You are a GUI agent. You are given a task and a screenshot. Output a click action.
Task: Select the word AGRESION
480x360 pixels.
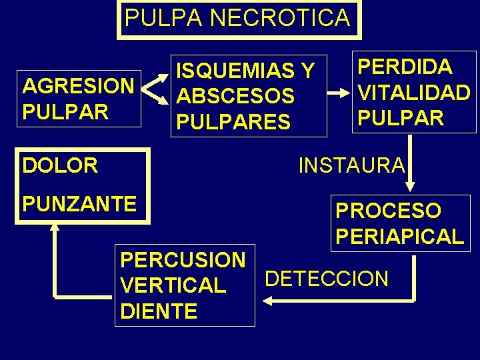point(78,87)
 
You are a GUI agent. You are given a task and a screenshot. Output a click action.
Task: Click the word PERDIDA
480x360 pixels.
point(405,67)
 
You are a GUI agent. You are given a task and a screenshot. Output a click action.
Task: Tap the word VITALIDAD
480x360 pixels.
point(414,92)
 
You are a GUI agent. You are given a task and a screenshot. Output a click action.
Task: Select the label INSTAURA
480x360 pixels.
point(351,165)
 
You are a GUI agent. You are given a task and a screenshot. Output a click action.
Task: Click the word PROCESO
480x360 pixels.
point(388,211)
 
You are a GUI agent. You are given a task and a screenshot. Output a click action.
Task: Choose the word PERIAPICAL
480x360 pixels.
point(399,236)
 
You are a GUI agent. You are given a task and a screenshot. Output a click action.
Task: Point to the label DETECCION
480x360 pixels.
point(327,279)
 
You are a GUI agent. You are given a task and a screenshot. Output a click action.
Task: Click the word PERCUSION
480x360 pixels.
point(183,260)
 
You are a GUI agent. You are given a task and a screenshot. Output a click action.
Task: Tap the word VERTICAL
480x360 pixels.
point(173,286)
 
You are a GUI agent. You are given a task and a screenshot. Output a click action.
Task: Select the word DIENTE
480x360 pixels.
point(159,311)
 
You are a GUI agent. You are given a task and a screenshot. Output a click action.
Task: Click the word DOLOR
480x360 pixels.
point(60,165)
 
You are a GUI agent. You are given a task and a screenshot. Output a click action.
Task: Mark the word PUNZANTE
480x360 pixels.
point(79,203)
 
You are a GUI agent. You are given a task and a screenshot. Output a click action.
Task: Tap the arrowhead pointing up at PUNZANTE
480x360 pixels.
point(55,227)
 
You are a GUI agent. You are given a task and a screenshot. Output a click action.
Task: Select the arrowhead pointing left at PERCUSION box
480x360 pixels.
point(268,301)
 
